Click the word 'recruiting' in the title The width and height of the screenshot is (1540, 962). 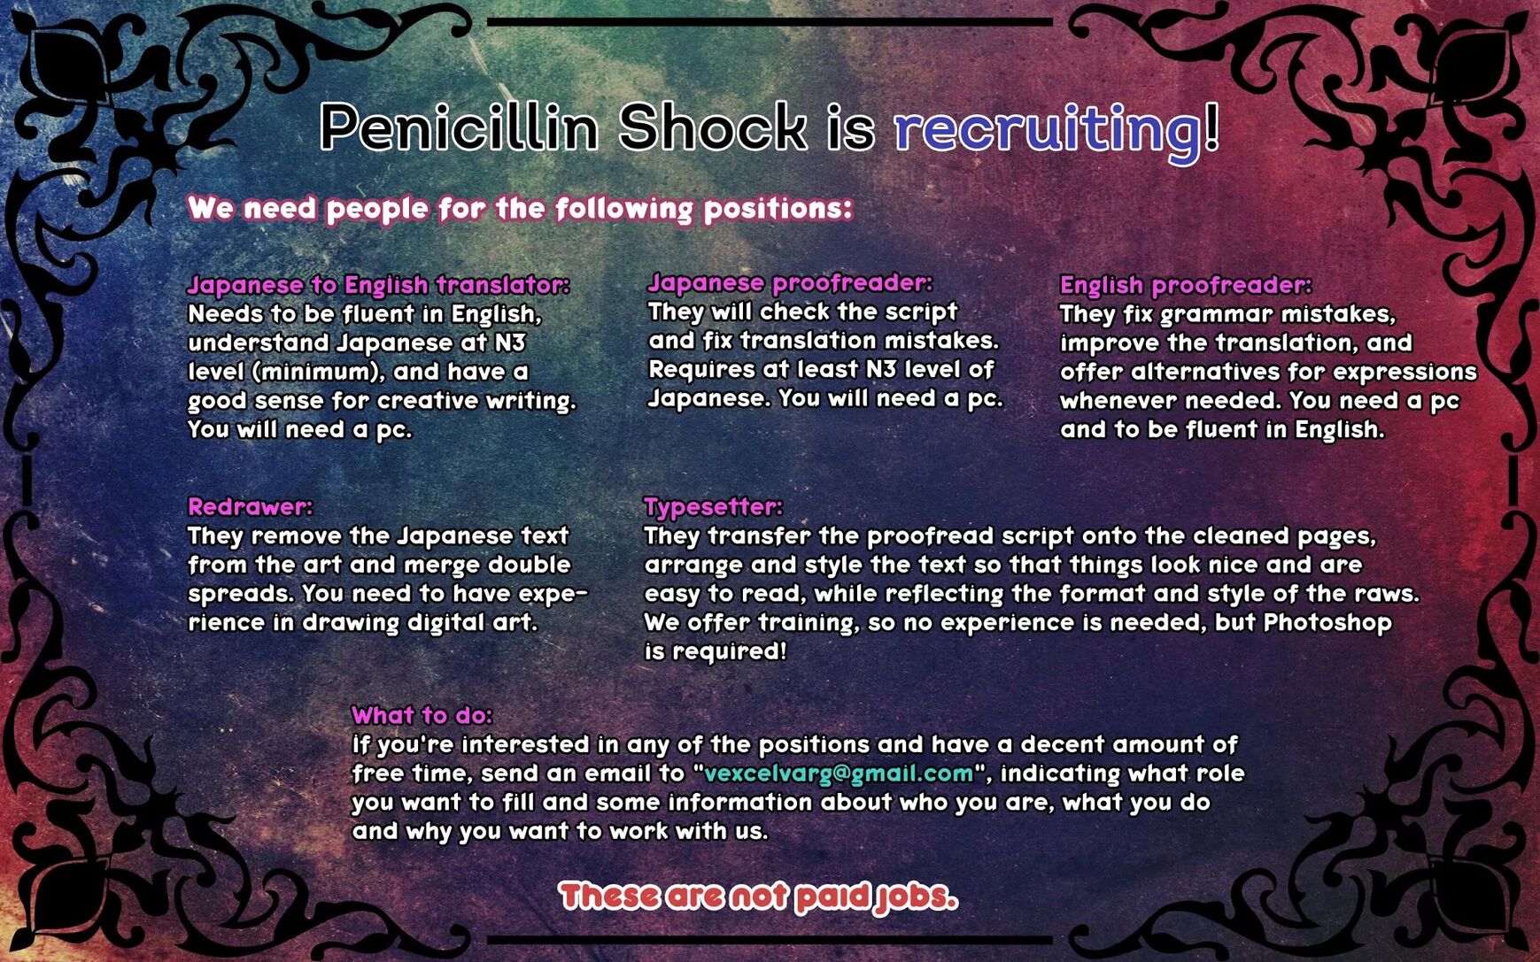pos(1048,130)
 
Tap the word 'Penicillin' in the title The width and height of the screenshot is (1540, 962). pos(460,127)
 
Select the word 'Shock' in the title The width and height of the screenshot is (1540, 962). pos(713,127)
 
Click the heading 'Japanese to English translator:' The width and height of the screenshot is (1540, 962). pos(378,285)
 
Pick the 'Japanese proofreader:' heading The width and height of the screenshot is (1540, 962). pos(790,282)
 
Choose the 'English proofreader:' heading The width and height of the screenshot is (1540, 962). pos(1186,285)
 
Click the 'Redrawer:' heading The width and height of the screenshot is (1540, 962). pos(250,506)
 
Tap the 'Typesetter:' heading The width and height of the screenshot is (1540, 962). pos(713,507)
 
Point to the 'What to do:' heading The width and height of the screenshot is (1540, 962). pos(422,715)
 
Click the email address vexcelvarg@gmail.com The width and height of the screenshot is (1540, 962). pos(839,773)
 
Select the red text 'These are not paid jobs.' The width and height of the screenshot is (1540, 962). pos(758,897)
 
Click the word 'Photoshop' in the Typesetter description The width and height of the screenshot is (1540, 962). pos(1327,623)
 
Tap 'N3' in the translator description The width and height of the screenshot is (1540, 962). pos(509,342)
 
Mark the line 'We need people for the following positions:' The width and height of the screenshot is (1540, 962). pos(520,209)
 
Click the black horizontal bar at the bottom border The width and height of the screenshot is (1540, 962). pos(770,939)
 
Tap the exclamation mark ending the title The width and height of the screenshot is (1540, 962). pos(1211,127)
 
